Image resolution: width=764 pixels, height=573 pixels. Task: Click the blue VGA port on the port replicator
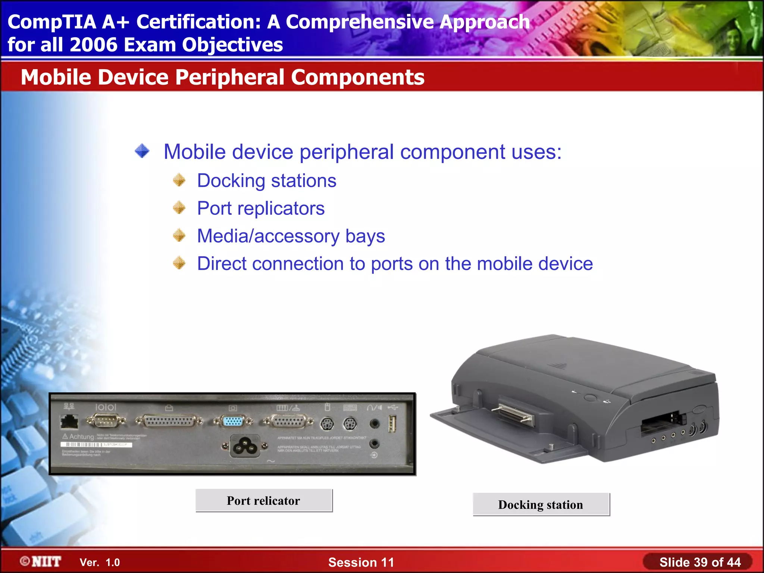point(233,422)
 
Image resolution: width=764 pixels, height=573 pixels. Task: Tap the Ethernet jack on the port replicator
point(69,422)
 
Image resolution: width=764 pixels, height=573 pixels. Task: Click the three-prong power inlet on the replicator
point(245,446)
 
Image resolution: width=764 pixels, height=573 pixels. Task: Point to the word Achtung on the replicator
point(82,436)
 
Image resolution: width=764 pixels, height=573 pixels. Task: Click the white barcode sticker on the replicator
point(96,445)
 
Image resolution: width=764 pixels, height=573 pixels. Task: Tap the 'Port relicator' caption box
point(264,501)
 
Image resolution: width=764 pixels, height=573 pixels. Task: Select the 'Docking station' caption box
point(541,505)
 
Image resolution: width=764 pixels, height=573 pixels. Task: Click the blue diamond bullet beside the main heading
point(142,151)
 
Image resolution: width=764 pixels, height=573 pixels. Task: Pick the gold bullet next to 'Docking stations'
point(179,180)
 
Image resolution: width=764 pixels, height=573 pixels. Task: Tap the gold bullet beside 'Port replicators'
point(179,208)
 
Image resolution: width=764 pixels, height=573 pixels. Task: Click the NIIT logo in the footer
point(41,561)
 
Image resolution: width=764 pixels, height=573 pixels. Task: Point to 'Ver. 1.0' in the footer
point(100,562)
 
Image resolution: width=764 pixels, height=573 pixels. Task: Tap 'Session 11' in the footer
point(361,562)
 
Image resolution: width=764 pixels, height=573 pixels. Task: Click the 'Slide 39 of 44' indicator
point(700,562)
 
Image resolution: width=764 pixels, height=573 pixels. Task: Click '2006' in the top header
point(93,45)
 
